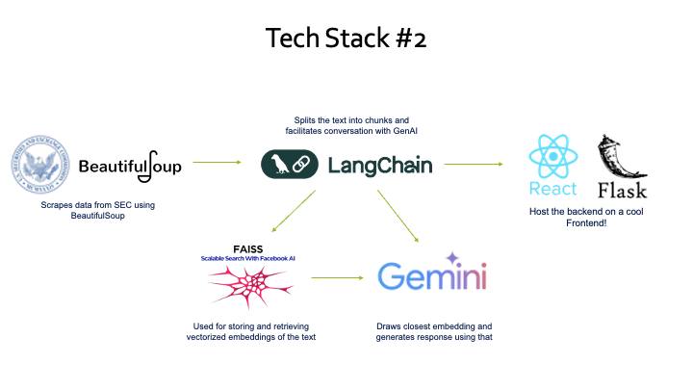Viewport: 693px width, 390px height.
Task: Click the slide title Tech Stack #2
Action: coord(346,39)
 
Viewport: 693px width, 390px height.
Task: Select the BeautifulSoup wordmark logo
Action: coord(130,167)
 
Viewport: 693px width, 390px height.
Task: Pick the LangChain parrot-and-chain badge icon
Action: coord(290,165)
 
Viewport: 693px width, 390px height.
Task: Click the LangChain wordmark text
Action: coord(380,166)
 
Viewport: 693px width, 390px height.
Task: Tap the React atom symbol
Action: coord(553,155)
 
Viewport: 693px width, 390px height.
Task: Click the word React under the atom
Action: coord(553,188)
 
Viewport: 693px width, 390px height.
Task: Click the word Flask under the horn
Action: coord(622,189)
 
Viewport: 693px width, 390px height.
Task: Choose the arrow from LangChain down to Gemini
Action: coord(398,215)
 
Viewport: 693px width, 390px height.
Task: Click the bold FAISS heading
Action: coord(248,249)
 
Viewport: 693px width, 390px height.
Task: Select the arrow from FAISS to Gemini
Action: coord(336,279)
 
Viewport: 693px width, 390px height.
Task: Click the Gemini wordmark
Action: coord(431,278)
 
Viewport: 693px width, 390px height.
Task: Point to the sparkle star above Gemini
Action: coord(451,258)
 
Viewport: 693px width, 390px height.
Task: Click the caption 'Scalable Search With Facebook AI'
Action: coord(248,259)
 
